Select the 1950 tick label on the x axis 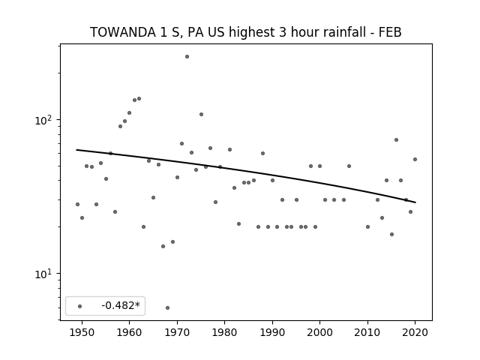[82, 333]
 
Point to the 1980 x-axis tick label [224, 333]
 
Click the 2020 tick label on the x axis [415, 333]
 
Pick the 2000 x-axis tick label [320, 333]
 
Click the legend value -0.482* [121, 305]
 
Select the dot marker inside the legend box [80, 306]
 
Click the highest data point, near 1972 [187, 57]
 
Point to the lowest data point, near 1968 [167, 307]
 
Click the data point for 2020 [415, 159]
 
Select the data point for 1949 [77, 204]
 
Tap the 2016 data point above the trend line [396, 140]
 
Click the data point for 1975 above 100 [201, 115]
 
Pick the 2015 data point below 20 [391, 234]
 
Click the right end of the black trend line [415, 202]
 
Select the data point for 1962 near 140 [139, 98]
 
